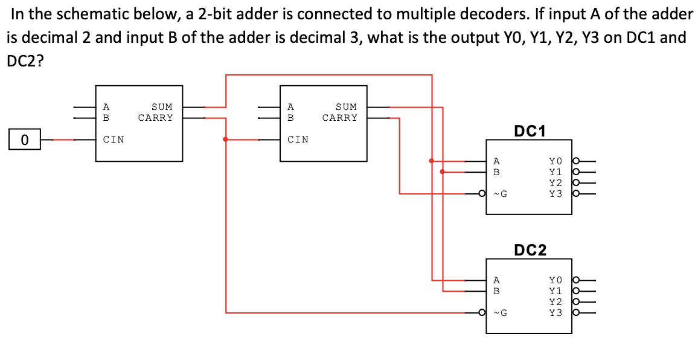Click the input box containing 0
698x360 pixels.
[24, 140]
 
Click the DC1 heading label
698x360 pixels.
[530, 130]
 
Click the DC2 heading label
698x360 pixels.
[530, 249]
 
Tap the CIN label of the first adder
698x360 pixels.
[114, 140]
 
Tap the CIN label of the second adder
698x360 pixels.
[298, 140]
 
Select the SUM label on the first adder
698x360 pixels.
[162, 107]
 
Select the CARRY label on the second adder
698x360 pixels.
[340, 118]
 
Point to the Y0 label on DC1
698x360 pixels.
[556, 161]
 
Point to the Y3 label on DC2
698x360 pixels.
[556, 313]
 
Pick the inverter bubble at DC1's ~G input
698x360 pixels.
[482, 194]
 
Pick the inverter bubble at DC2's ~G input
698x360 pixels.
[482, 313]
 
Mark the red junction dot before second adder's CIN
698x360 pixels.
[225, 140]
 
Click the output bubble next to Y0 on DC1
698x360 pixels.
[576, 161]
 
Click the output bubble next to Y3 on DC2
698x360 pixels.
[576, 313]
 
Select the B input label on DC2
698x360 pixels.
[496, 291]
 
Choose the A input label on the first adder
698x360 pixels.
[106, 107]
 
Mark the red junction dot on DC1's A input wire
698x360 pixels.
[431, 161]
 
